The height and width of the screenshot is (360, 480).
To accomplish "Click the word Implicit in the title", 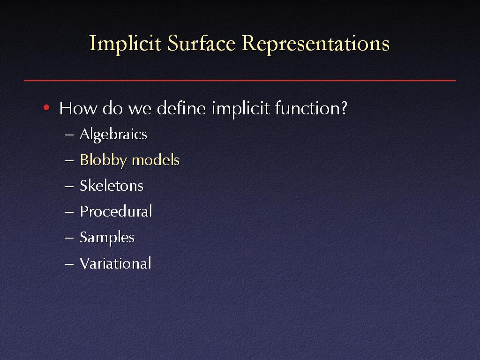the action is tap(125, 44).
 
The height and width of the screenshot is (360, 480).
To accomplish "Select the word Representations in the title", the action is tap(315, 44).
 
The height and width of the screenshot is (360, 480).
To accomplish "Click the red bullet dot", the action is tap(46, 107).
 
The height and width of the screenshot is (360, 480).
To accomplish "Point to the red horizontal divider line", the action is tap(240, 81).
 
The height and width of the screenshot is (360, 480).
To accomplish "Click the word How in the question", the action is tap(78, 108).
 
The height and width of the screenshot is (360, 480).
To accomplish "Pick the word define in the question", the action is tap(181, 108).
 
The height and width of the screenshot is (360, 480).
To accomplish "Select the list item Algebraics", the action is tap(113, 135).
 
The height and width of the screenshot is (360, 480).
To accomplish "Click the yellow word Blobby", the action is tap(104, 160).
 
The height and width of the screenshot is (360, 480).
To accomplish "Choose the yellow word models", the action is tap(156, 160).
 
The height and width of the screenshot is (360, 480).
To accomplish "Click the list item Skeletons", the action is tap(112, 186).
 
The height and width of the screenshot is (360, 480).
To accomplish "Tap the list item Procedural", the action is tap(116, 211).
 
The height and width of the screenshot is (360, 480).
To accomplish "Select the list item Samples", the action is tap(107, 238).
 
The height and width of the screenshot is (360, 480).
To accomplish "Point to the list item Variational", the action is tap(115, 263).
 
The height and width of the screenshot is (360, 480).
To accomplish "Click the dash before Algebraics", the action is tap(69, 135).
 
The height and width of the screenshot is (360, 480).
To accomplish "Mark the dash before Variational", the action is tap(69, 264).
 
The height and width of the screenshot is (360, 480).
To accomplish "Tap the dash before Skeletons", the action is tap(69, 187).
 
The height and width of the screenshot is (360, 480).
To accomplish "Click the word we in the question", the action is tap(140, 110).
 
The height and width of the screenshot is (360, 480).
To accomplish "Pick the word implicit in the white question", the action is tap(240, 109).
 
